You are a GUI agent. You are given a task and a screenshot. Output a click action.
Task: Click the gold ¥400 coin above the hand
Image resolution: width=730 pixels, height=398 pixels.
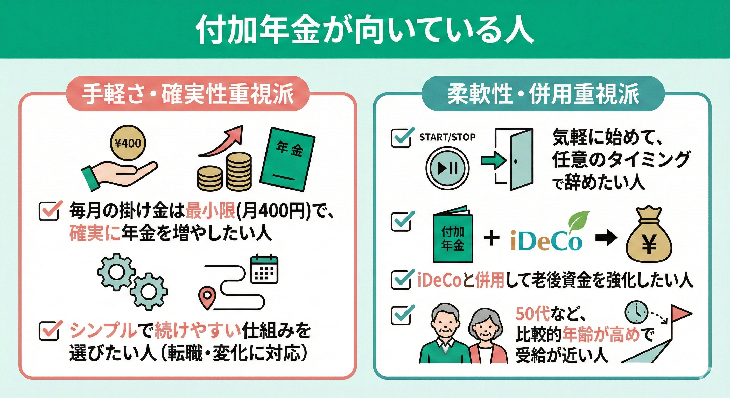click(128, 144)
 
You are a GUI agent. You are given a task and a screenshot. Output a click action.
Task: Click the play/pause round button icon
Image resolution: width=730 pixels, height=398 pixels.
click(448, 168)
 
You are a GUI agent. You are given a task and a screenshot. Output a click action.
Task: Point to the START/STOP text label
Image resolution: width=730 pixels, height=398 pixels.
click(447, 137)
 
